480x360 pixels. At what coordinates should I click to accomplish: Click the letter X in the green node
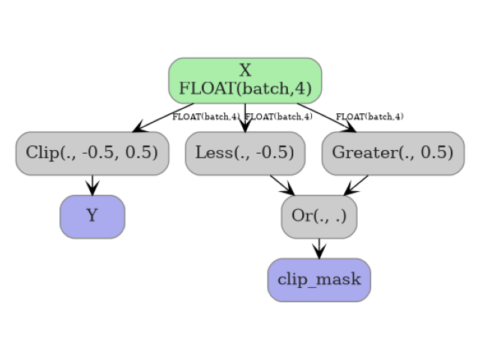coord(245,70)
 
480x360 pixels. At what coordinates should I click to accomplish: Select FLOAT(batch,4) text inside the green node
coord(245,88)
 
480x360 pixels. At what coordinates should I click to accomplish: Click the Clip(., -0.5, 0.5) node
coord(91,153)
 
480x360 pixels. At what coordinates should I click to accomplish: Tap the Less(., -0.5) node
coord(244,153)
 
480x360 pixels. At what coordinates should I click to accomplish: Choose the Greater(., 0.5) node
coord(392,153)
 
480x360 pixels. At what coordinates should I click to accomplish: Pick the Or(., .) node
coord(319,217)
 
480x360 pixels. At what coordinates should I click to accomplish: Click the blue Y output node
coord(92,217)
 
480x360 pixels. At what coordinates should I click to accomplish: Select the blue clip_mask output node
coord(319,280)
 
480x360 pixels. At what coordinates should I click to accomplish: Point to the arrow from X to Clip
coord(162,118)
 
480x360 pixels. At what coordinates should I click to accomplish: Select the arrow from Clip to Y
coord(92,184)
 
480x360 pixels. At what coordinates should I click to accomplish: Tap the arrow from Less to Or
coord(282,184)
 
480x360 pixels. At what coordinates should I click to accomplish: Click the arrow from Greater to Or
coord(357,184)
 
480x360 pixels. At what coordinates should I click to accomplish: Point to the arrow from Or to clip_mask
coord(319,248)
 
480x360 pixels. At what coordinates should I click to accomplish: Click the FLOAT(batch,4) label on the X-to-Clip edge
coord(205,117)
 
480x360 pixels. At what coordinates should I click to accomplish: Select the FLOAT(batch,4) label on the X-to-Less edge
coord(278,117)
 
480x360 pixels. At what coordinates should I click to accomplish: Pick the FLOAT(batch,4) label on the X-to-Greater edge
coord(369,117)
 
